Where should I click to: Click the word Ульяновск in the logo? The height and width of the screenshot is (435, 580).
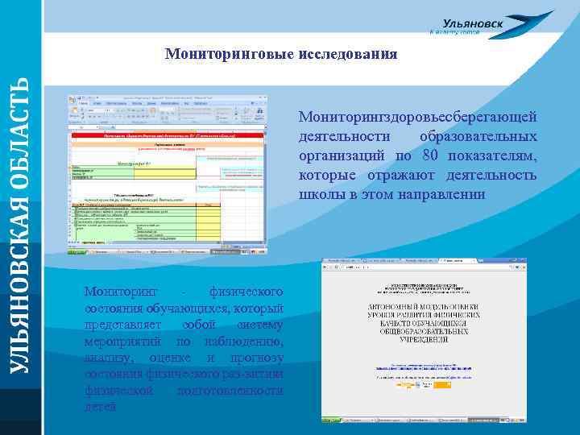(473, 24)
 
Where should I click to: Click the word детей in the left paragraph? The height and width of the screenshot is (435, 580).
(100, 407)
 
